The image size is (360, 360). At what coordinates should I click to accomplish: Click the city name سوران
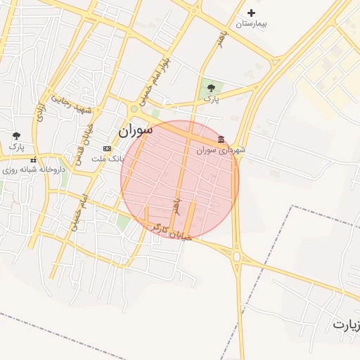coord(135,130)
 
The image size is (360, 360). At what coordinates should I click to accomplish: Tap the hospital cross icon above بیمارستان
coord(252,13)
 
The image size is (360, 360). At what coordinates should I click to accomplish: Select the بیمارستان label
coord(252,24)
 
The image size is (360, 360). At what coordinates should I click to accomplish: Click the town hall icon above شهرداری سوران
coord(221,139)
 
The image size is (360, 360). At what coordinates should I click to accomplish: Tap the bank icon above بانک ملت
coord(107,148)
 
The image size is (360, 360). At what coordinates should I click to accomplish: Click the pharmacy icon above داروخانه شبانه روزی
coord(34,160)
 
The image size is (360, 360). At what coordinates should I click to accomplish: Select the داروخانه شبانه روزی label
coord(34,169)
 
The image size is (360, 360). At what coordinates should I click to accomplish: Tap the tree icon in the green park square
coord(212,88)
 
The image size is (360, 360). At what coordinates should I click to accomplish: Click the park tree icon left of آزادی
coord(16,136)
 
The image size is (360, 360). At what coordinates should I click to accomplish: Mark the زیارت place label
coord(346,325)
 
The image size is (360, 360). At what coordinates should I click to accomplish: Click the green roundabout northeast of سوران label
coord(134,109)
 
